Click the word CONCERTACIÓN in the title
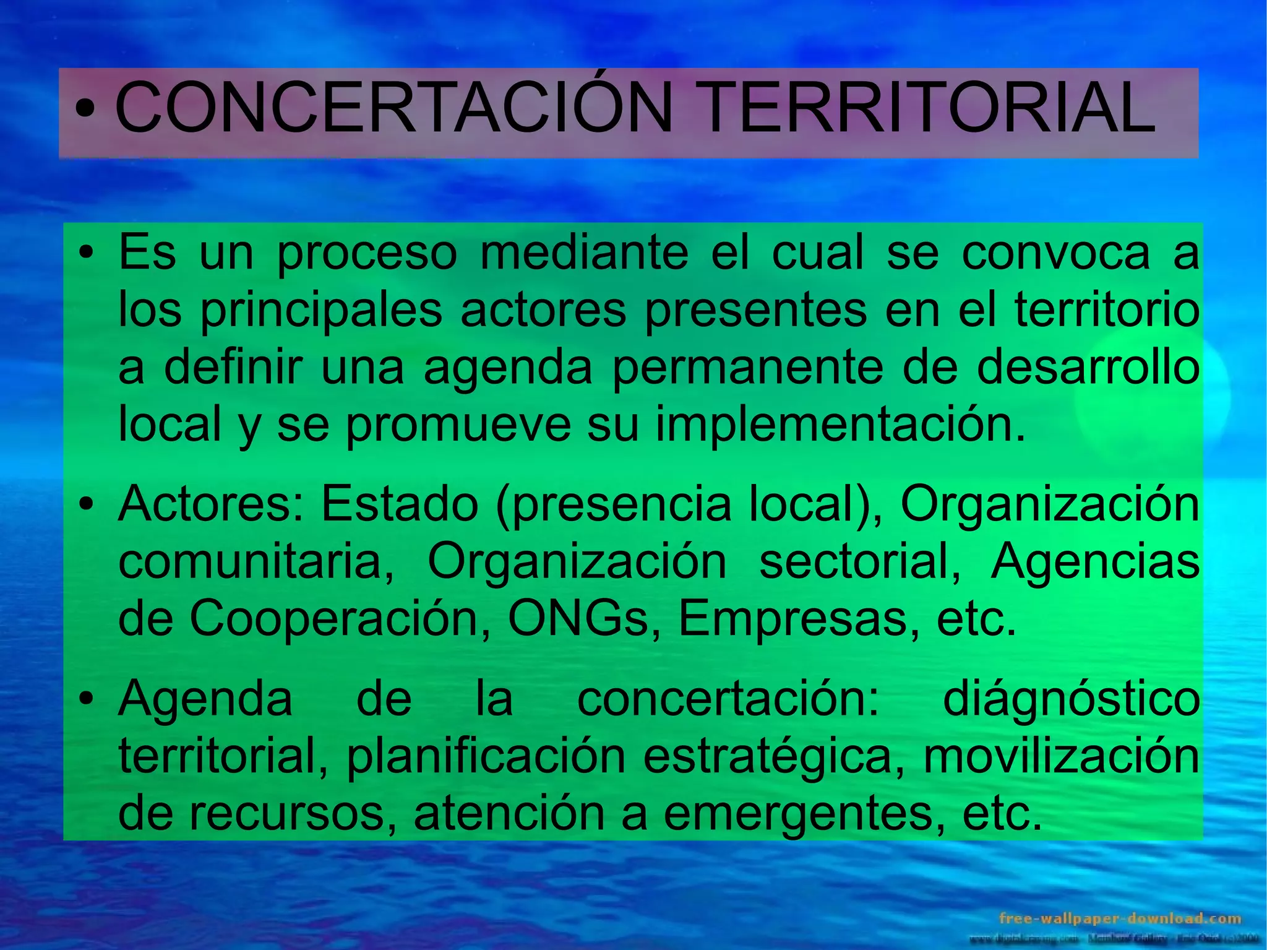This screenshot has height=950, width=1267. pos(393,108)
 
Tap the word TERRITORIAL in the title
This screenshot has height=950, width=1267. pos(927,108)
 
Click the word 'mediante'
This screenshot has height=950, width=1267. pos(584,253)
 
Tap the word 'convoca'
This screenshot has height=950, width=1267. pos(1055,253)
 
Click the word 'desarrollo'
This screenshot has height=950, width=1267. pos(1088,368)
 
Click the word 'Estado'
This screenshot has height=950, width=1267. pos(399,503)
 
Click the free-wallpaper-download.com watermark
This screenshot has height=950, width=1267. pos(1120,918)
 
